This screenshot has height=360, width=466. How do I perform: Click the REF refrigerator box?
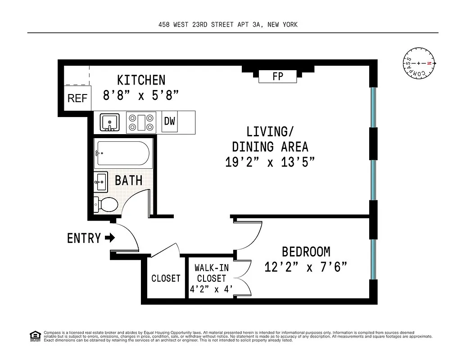pos(77,98)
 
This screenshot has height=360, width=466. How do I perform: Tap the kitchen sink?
pos(109,122)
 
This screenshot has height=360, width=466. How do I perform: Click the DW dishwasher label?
pos(170,121)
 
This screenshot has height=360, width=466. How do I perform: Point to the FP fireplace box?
pos(278,76)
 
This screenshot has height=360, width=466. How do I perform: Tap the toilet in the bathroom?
pos(106,204)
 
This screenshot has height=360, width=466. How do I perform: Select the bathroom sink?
pos(101,182)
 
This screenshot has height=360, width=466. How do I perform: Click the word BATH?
pos(129,180)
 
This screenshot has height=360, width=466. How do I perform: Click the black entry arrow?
pos(109,238)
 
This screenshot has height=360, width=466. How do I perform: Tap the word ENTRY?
pos(84,238)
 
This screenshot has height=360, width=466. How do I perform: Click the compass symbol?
pos(419,63)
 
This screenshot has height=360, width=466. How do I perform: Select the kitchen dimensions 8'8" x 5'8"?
pos(141,95)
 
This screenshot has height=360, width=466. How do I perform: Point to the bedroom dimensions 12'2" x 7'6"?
pos(306,267)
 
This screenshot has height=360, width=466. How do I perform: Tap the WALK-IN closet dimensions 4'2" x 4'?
pos(211,289)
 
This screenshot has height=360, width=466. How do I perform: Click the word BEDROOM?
pos(306,252)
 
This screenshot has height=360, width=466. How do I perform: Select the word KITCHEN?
pos(141,80)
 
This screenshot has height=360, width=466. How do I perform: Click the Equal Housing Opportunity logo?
pos(35,336)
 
